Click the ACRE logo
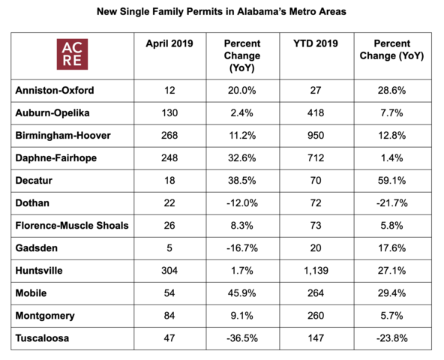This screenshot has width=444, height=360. [72, 54]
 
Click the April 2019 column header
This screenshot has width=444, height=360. [169, 43]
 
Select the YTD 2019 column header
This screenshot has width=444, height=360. [316, 43]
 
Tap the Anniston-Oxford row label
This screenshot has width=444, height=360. [55, 90]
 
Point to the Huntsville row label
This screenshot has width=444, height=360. [39, 271]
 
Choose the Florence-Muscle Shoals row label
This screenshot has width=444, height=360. [72, 226]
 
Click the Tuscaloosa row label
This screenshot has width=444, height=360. [42, 338]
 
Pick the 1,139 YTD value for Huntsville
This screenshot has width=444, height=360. [316, 271]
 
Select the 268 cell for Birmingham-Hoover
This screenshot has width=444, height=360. [169, 136]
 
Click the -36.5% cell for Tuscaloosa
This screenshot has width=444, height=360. [242, 338]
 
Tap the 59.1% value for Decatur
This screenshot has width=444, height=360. [392, 181]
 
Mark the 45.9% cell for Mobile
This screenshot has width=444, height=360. [242, 293]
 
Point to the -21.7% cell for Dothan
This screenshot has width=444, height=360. [392, 203]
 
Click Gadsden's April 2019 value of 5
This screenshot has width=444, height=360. [169, 248]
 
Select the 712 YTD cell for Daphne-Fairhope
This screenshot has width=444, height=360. [316, 157]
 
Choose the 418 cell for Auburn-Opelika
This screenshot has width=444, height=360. [316, 112]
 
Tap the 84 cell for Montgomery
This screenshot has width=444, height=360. [169, 316]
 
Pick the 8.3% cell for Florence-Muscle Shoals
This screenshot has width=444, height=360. [242, 226]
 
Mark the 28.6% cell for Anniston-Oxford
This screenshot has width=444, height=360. [392, 90]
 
